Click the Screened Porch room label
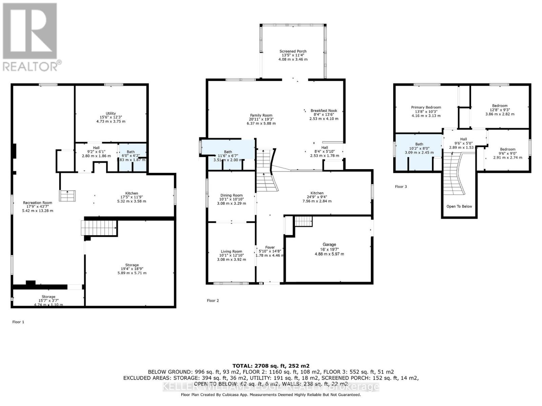pyautogui.click(x=293, y=51)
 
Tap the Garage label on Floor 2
pyautogui.click(x=329, y=244)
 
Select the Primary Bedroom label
pyautogui.click(x=426, y=107)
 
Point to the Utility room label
pyautogui.click(x=111, y=113)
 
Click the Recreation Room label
pyautogui.click(x=38, y=203)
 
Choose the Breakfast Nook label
pyautogui.click(x=324, y=111)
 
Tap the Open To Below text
pyautogui.click(x=459, y=206)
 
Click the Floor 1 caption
pyautogui.click(x=18, y=322)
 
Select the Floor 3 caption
pyautogui.click(x=401, y=187)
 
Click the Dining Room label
pyautogui.click(x=231, y=195)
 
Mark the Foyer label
pyautogui.click(x=270, y=247)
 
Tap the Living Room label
pyautogui.click(x=231, y=251)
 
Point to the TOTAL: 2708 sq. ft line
pyautogui.click(x=271, y=366)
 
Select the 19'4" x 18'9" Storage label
pyautogui.click(x=132, y=265)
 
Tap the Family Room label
pyautogui.click(x=261, y=115)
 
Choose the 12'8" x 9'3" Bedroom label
pyautogui.click(x=500, y=106)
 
